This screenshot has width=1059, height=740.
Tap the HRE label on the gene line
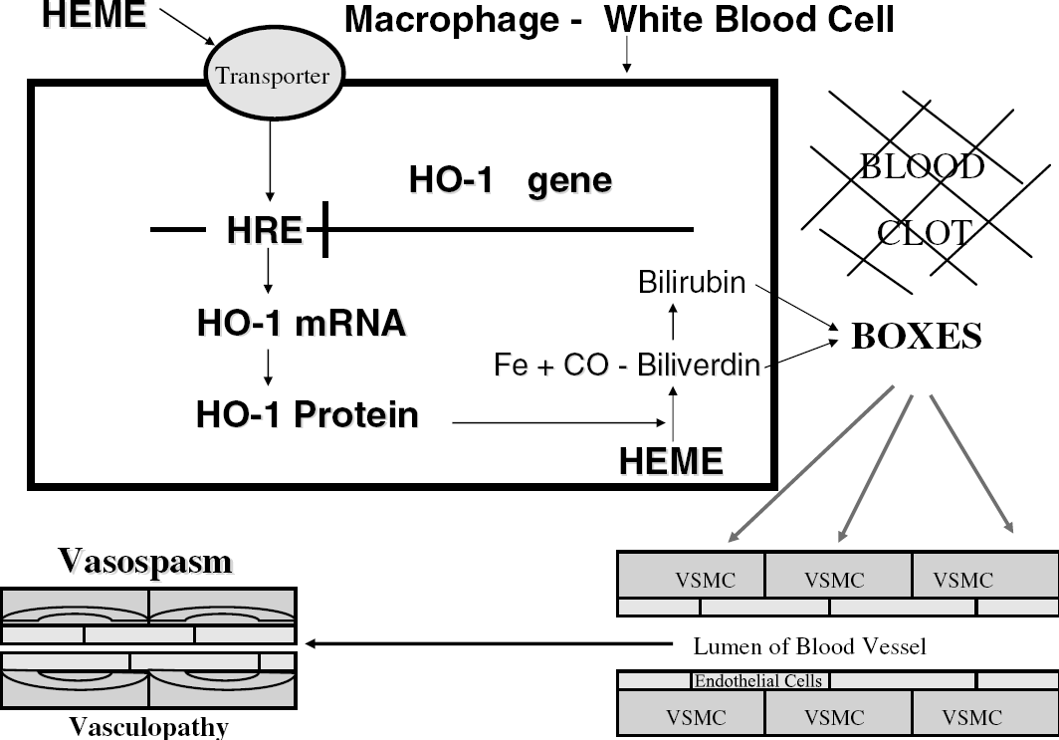[264, 230]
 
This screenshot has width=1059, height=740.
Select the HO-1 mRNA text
[302, 323]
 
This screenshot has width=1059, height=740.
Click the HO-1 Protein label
[308, 414]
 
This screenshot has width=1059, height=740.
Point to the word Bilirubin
[692, 283]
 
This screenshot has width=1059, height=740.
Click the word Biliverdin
[699, 365]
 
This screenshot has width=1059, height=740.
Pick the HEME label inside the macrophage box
[671, 461]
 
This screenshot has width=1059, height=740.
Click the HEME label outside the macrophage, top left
[94, 14]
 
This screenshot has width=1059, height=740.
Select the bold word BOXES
[917, 336]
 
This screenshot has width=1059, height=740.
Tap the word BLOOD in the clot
[922, 166]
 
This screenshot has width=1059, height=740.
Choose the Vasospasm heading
[145, 562]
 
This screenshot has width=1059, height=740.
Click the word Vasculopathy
[148, 727]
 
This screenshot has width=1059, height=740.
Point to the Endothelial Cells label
[758, 680]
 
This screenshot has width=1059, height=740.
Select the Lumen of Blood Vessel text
[810, 646]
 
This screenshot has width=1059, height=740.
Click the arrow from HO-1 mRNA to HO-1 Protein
[268, 368]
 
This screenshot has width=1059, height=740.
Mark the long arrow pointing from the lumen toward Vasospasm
[489, 643]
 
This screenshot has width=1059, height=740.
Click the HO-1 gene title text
[511, 179]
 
